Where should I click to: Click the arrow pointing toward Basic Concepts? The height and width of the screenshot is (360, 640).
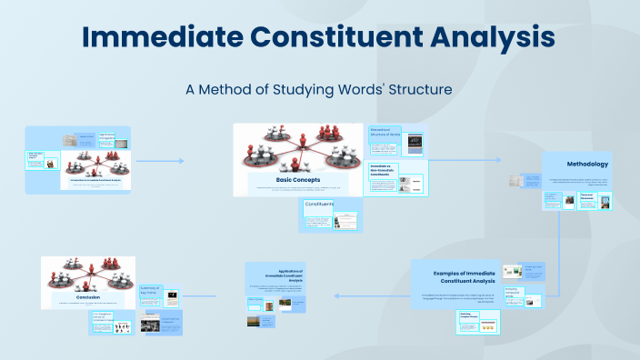tap(180, 161)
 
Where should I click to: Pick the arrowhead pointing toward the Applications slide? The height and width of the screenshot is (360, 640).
tap(337, 295)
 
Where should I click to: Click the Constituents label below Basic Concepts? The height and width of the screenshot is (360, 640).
tap(318, 205)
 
